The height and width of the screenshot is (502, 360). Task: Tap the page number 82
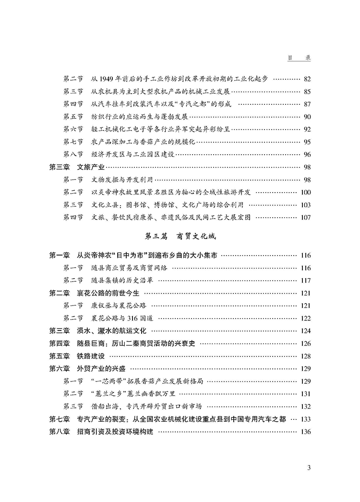tap(307, 79)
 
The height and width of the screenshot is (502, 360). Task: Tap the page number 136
tap(305, 431)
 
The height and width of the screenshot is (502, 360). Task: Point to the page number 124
tap(305, 331)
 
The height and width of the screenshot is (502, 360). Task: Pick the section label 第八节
tap(73, 154)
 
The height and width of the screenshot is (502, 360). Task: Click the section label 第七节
tap(73, 142)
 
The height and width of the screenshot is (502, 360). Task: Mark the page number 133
tap(305, 419)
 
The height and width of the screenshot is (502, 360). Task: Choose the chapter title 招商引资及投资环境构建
tap(115, 431)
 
